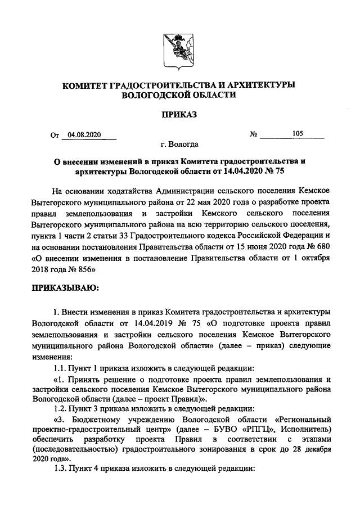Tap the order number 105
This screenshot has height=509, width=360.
pos(298,134)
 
